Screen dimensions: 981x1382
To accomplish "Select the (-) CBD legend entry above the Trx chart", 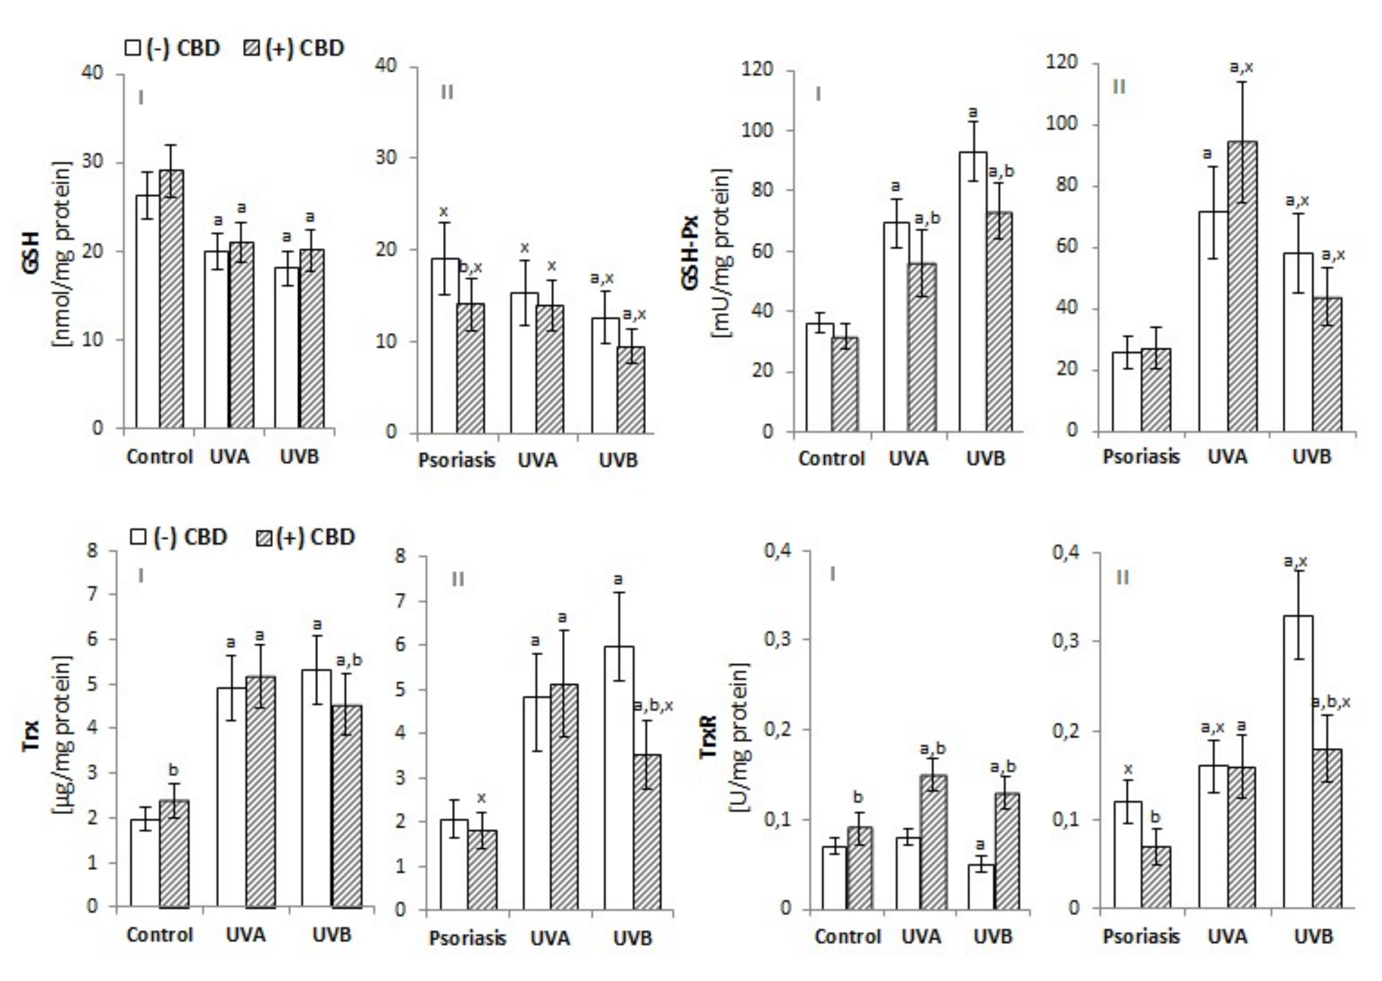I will [180, 537].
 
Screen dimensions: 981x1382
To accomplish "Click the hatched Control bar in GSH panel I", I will [171, 299].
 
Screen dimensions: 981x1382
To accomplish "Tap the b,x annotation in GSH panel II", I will [471, 268].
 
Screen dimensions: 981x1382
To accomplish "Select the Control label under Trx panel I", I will [160, 935].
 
